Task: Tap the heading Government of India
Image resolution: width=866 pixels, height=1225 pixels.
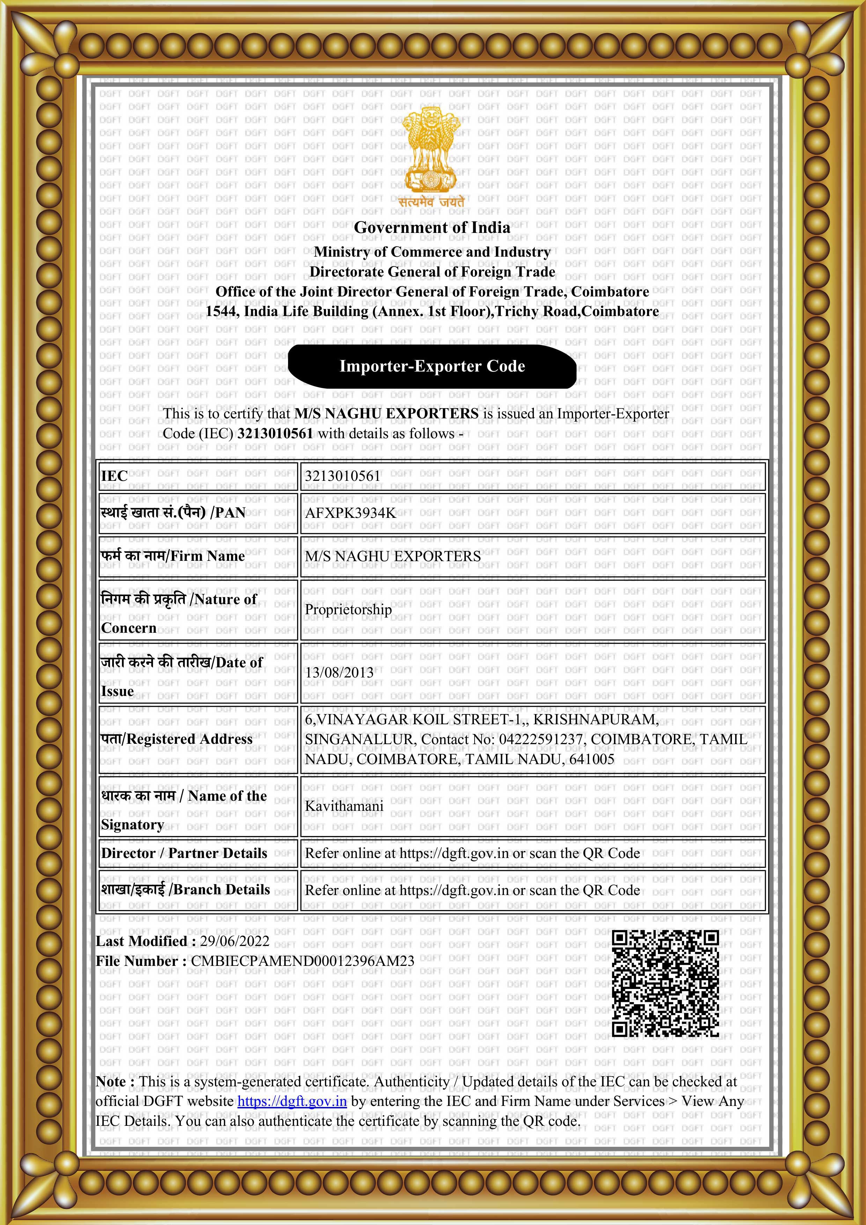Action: tap(432, 227)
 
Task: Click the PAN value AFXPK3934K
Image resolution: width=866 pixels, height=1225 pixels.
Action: tap(350, 513)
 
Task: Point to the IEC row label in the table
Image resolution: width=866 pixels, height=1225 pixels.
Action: tap(114, 476)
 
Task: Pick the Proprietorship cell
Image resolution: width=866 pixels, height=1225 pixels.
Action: tap(348, 609)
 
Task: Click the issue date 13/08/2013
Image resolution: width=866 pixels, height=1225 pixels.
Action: tap(339, 672)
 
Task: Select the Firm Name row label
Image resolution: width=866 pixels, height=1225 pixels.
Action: tap(173, 556)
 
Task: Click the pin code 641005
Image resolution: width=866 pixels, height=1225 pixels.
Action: tap(592, 759)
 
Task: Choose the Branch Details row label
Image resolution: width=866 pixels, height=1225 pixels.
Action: tap(186, 889)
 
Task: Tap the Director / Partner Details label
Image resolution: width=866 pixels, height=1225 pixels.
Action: tap(184, 853)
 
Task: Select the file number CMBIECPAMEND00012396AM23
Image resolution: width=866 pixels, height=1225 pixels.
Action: tap(302, 961)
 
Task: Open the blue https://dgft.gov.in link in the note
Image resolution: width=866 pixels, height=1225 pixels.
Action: tap(292, 1101)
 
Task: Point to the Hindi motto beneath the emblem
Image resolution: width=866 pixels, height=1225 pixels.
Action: tap(431, 202)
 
